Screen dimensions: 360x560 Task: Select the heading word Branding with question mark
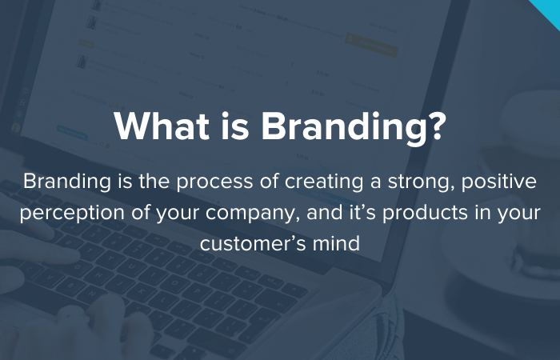point(354,127)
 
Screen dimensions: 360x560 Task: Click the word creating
point(306,182)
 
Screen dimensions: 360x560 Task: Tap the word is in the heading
point(232,127)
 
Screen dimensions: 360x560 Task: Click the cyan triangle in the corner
point(549,8)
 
